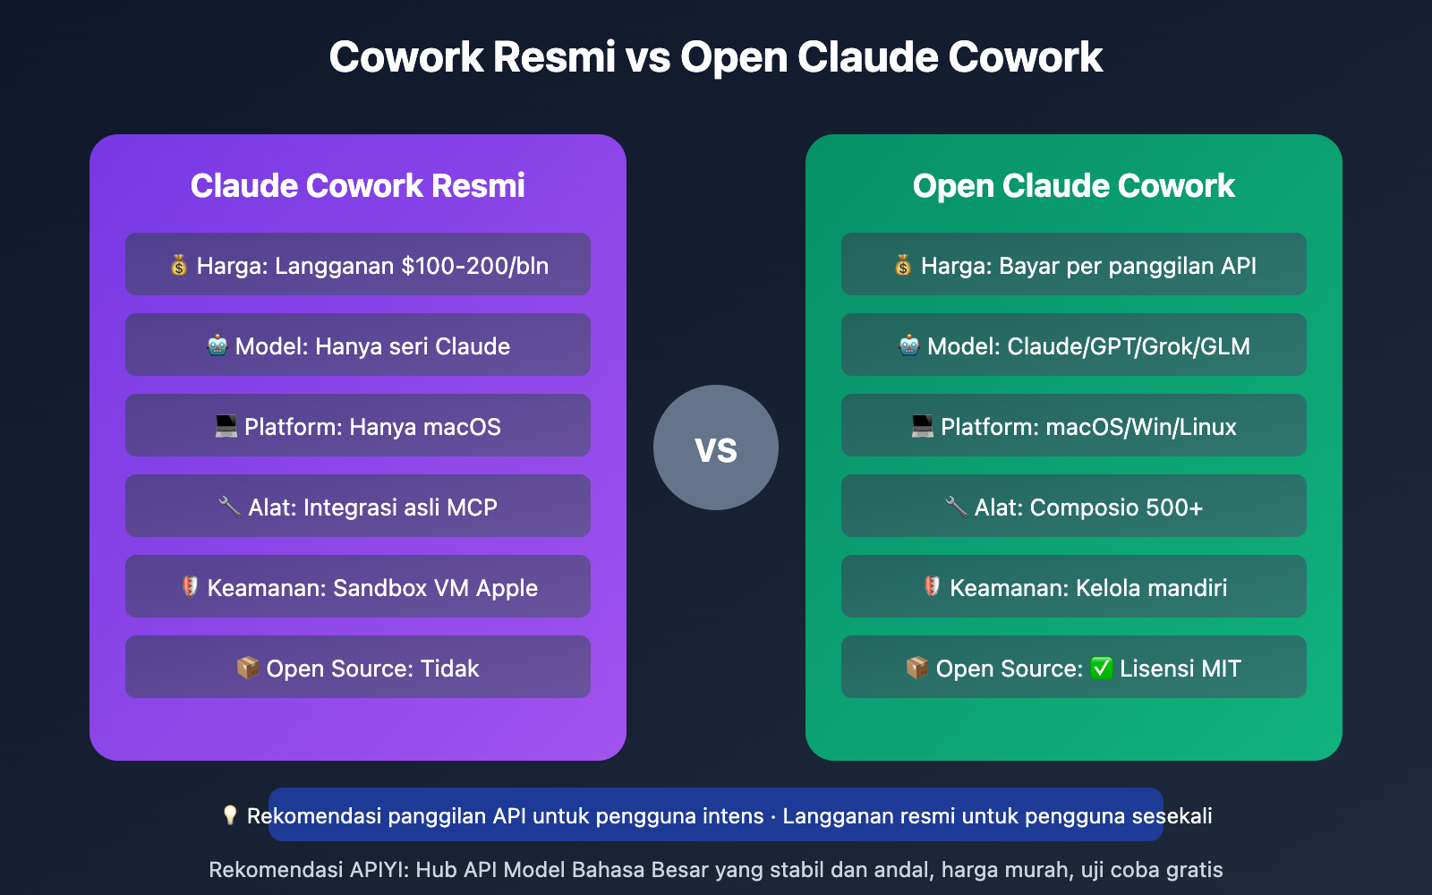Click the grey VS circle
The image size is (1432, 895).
(716, 447)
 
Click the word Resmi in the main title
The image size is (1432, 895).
(554, 57)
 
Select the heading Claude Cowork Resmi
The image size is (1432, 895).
(357, 185)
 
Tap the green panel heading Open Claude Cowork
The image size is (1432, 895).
(1073, 185)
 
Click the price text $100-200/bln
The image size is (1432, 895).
(474, 266)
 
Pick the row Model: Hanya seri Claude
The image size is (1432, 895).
(358, 345)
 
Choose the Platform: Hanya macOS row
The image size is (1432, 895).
(358, 426)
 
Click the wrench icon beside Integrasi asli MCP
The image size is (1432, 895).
(229, 507)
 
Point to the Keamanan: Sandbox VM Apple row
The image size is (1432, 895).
(358, 587)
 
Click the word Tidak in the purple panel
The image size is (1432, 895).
(449, 669)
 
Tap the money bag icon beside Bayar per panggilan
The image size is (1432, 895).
(903, 265)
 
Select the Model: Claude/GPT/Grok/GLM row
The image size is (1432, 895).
(1074, 345)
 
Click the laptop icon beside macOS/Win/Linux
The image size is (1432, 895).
(922, 426)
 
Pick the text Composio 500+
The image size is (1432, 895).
(1116, 507)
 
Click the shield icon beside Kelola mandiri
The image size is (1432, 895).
(932, 587)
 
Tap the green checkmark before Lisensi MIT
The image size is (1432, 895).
(1102, 669)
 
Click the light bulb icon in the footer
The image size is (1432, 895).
(230, 815)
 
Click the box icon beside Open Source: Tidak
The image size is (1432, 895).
(247, 668)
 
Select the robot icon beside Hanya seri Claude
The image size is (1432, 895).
(217, 345)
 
